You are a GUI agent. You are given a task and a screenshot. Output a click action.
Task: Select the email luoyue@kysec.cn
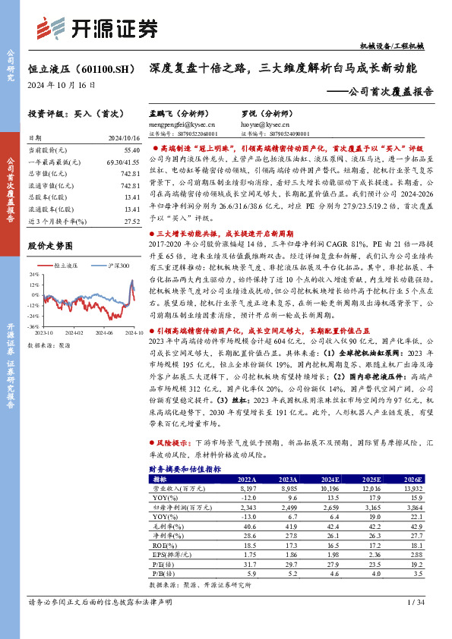[x=264, y=123]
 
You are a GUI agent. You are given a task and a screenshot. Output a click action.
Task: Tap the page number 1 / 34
[x=415, y=624]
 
